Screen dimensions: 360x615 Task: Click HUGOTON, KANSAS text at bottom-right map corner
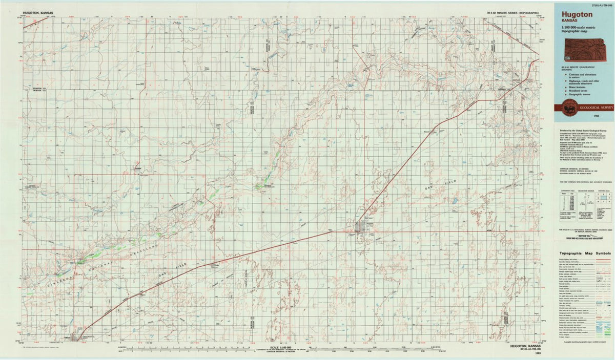point(526,346)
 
